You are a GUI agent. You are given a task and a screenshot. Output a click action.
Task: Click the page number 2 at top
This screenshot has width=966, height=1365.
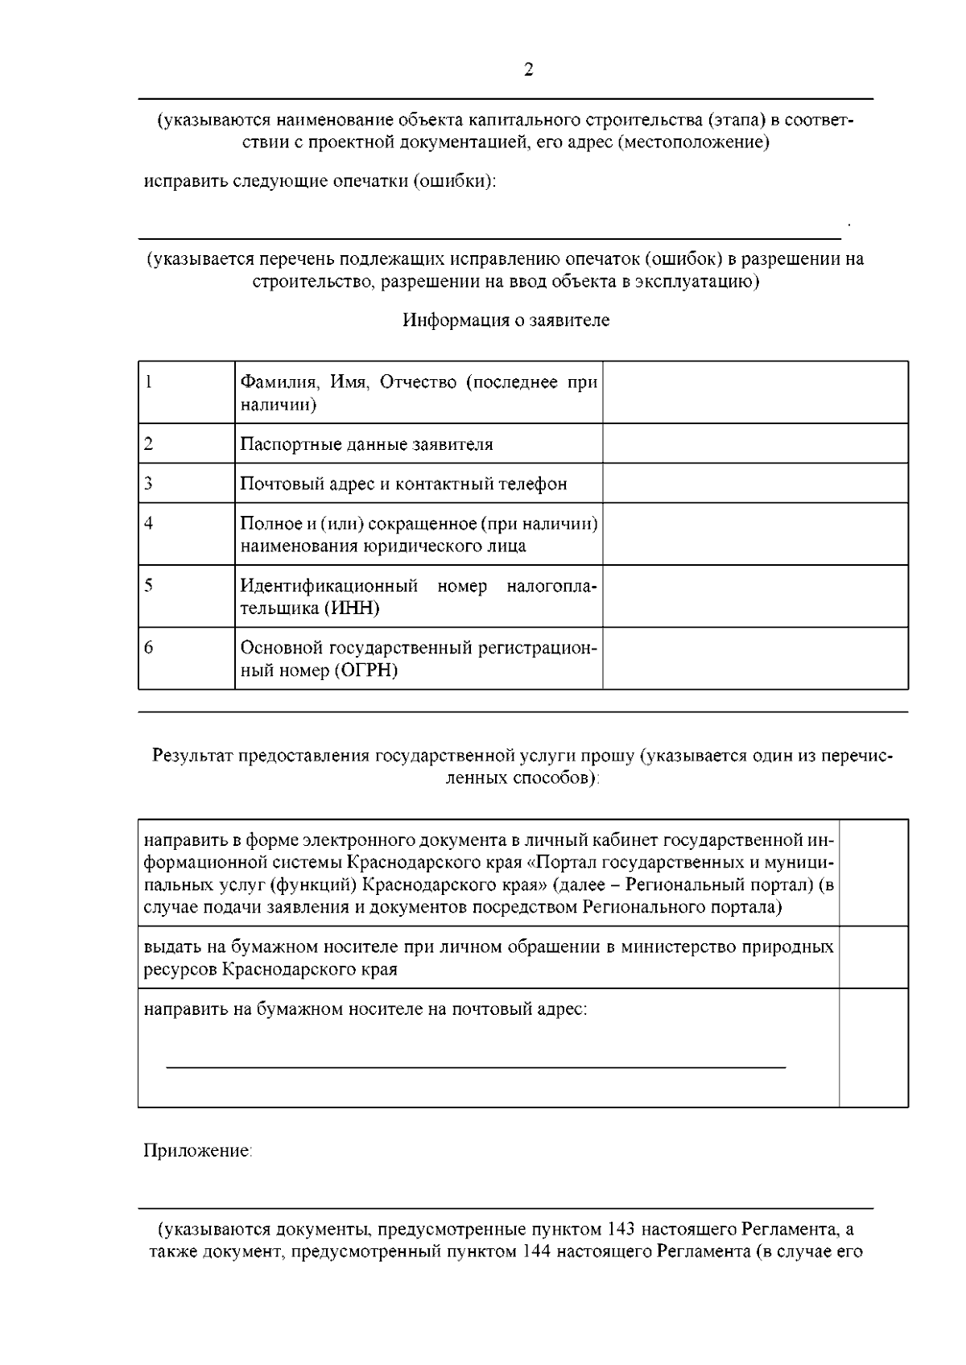[528, 70]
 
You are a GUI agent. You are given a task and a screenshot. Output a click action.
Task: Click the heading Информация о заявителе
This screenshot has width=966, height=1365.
[506, 320]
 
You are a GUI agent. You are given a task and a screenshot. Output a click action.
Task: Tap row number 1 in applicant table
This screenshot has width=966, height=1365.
[149, 382]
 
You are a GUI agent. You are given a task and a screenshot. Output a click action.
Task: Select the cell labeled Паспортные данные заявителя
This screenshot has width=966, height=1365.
[366, 444]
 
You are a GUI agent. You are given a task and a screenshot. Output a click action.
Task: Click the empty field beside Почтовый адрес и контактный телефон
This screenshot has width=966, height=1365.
[755, 484]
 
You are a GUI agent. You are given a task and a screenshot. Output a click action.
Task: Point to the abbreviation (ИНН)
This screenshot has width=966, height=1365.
[352, 608]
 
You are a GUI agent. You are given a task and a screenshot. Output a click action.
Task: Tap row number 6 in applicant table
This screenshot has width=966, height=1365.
[149, 647]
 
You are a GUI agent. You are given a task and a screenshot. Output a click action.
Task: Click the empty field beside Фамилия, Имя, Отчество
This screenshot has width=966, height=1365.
[755, 392]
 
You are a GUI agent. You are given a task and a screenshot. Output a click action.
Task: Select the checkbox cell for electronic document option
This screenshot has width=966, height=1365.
[873, 873]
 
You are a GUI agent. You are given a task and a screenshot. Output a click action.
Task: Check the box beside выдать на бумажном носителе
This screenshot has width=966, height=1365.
[873, 957]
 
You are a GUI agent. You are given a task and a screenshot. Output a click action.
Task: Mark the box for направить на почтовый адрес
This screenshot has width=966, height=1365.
[873, 1047]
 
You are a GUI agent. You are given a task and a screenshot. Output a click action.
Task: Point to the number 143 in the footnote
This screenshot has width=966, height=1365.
[623, 1230]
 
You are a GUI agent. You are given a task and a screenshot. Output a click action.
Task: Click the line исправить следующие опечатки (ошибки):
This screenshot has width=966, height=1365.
[320, 181]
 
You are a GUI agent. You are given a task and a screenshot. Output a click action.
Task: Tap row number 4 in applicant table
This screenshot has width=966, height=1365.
[149, 524]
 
